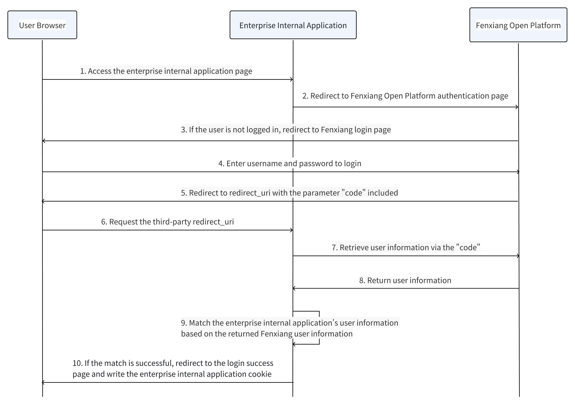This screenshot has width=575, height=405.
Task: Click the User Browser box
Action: pos(42,25)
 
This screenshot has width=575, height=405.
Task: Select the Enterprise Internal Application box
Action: pos(293,25)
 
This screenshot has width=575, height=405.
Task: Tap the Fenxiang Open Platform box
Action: pos(518,25)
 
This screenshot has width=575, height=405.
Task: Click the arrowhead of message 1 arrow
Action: pos(291,79)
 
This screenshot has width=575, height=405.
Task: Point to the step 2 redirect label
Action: pos(405,96)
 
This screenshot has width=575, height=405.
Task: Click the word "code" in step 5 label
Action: pos(353,193)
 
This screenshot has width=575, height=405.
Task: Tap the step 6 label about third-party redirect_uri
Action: pos(167,222)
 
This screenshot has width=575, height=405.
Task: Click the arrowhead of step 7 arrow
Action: pos(518,256)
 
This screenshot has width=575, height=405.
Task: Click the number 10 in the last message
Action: pos(77,363)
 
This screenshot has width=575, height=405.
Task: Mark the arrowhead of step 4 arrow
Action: pos(518,172)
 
